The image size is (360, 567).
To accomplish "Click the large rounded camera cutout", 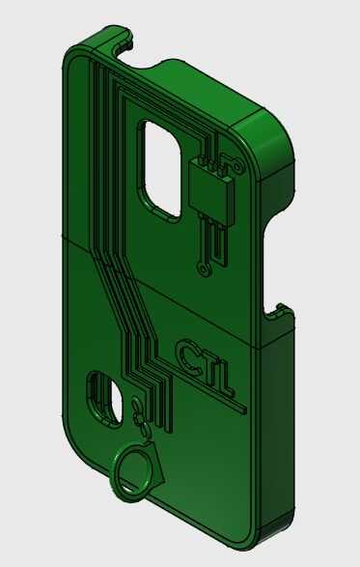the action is tap(159, 170).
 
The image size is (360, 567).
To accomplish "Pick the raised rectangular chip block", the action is tap(210, 193).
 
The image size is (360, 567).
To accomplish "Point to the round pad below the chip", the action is tap(203, 269).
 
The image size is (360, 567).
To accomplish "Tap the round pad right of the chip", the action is tap(237, 167).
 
